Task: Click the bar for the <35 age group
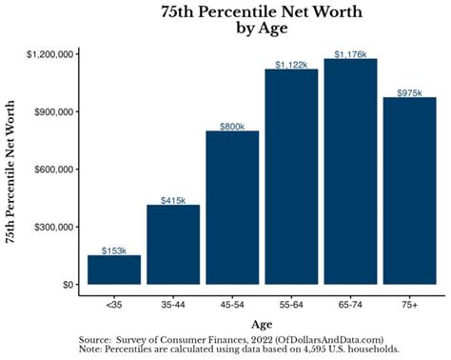point(114,270)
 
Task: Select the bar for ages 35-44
point(173,245)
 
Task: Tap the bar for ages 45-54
point(232,208)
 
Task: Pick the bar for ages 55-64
point(291,177)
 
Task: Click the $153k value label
point(114,250)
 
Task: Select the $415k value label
point(173,200)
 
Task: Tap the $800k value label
point(232,126)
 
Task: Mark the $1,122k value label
point(291,65)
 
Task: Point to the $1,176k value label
point(350,54)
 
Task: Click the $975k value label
point(409,92)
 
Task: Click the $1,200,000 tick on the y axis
point(51,54)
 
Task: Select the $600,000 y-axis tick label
point(56,170)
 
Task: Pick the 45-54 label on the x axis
point(232,305)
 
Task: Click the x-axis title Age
point(262,323)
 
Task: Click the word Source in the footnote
point(95,338)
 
